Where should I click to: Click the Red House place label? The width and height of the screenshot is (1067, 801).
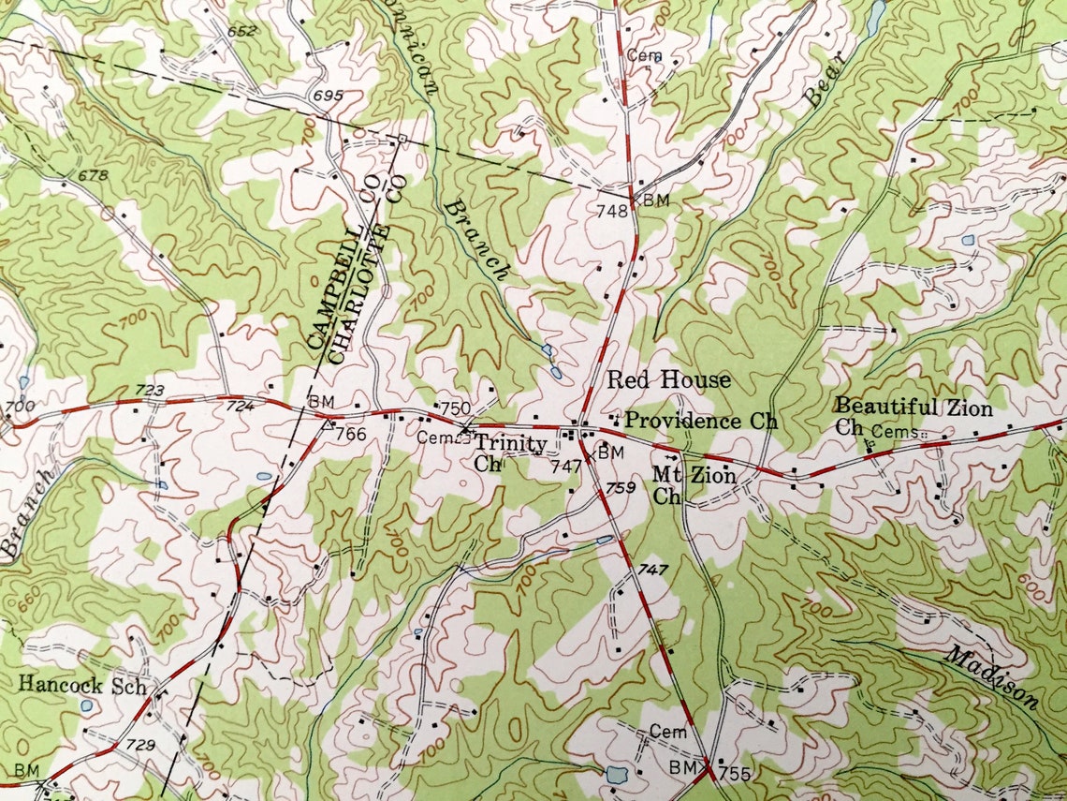point(668,379)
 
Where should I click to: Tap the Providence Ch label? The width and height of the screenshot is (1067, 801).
point(701,421)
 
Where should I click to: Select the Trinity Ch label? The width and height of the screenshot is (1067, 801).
point(497,451)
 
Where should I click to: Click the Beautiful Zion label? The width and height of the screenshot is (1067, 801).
point(913,407)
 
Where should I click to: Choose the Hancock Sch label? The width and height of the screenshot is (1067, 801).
point(82,685)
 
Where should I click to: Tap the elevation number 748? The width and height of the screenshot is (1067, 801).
point(612,211)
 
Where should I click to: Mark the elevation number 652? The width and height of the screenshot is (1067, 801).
point(241,32)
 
